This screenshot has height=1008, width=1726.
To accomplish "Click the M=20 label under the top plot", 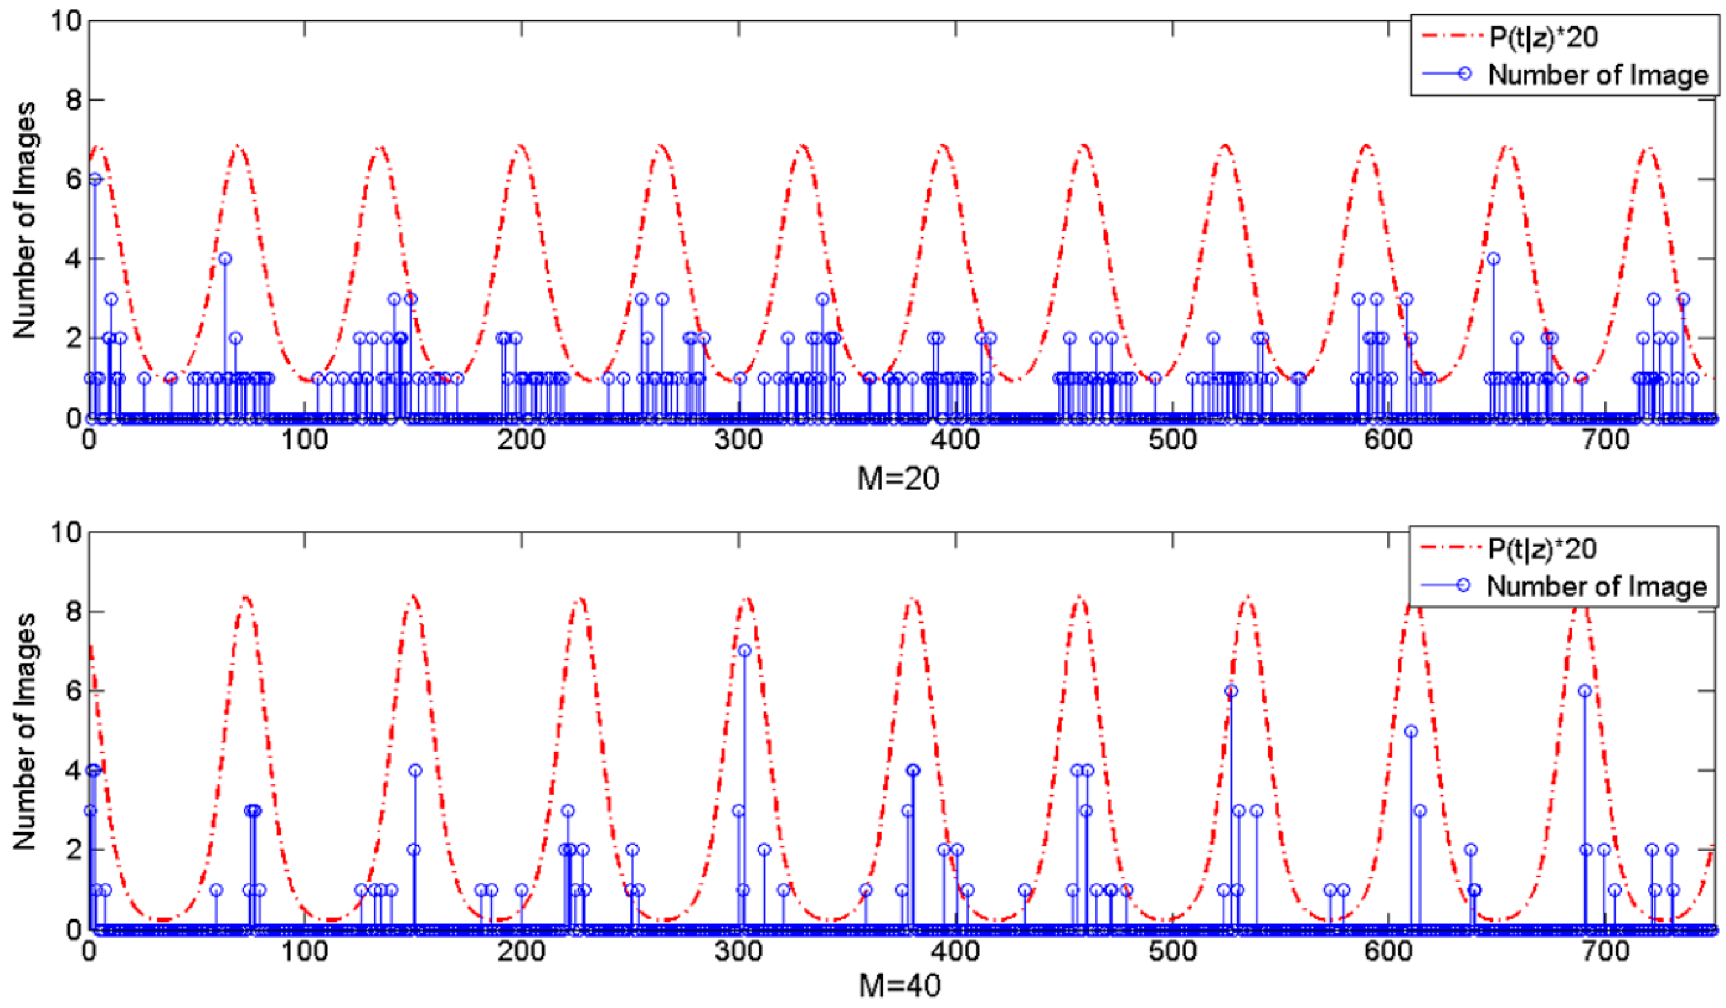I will point(898,479).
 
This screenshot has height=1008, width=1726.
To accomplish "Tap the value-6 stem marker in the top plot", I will point(95,179).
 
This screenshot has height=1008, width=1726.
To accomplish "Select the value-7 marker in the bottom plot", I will point(745,650).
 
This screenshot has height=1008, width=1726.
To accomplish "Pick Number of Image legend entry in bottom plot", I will point(1596,586).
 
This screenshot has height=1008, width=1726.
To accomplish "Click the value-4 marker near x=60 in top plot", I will point(225,258).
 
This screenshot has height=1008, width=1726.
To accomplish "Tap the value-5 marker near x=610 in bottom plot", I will point(1411,731).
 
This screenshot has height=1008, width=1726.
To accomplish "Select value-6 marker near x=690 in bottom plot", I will point(1584,691).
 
